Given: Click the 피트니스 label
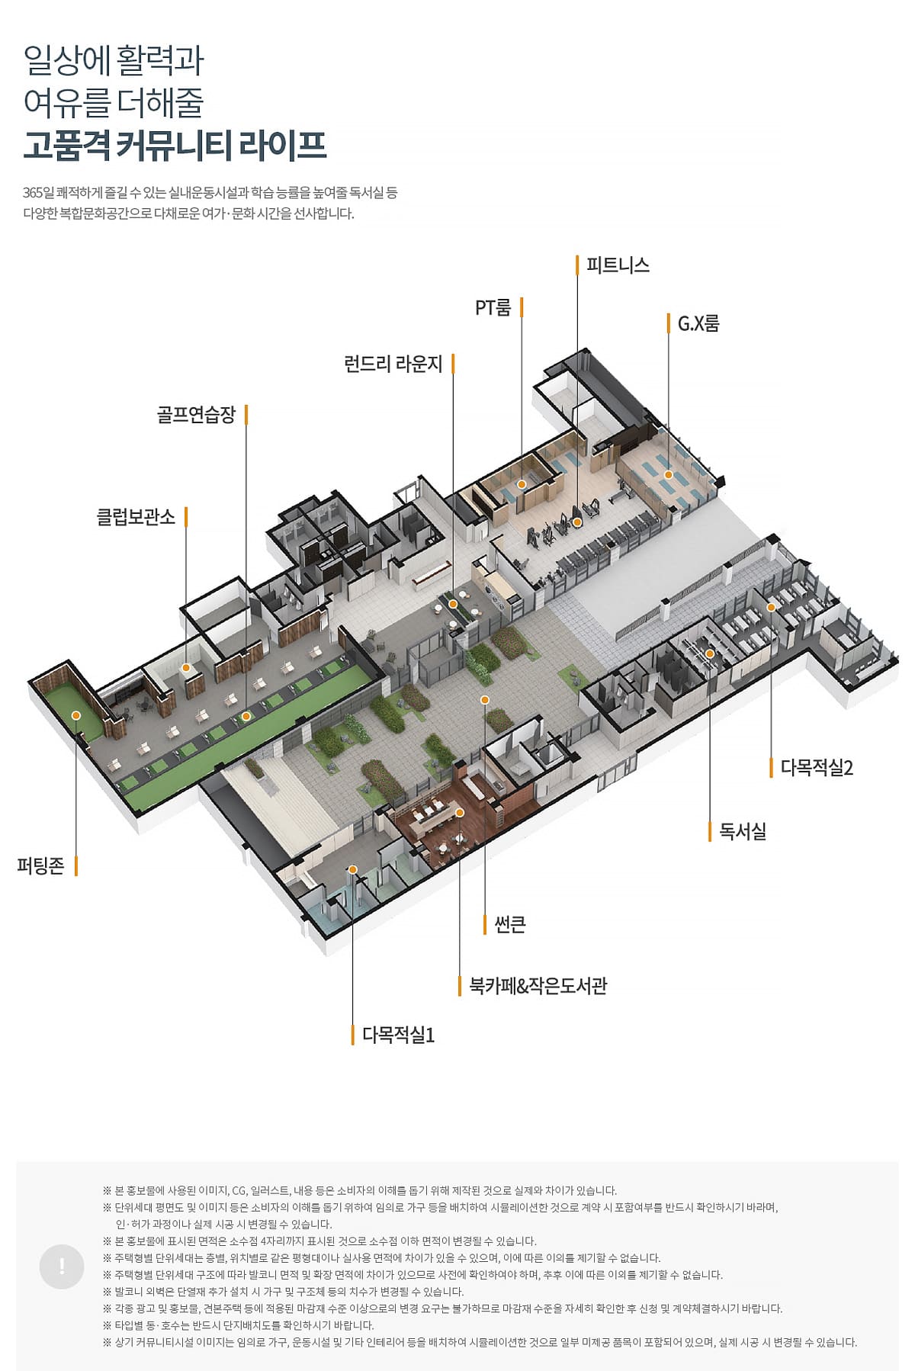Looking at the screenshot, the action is pos(618,265).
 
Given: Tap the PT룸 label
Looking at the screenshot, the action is pos(493,307).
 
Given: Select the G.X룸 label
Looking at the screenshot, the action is pos(698,323).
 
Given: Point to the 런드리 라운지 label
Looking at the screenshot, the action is pos(393,364).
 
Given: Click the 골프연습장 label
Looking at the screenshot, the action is pos(196,415).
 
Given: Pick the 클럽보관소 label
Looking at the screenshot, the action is pos(136,517).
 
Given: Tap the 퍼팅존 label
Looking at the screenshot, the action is pos(40,865).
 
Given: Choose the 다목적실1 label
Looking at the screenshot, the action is pos(398,1035).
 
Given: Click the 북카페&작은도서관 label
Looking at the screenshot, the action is pos(538,986).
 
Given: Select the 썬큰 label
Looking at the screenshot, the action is pos(510,924).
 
